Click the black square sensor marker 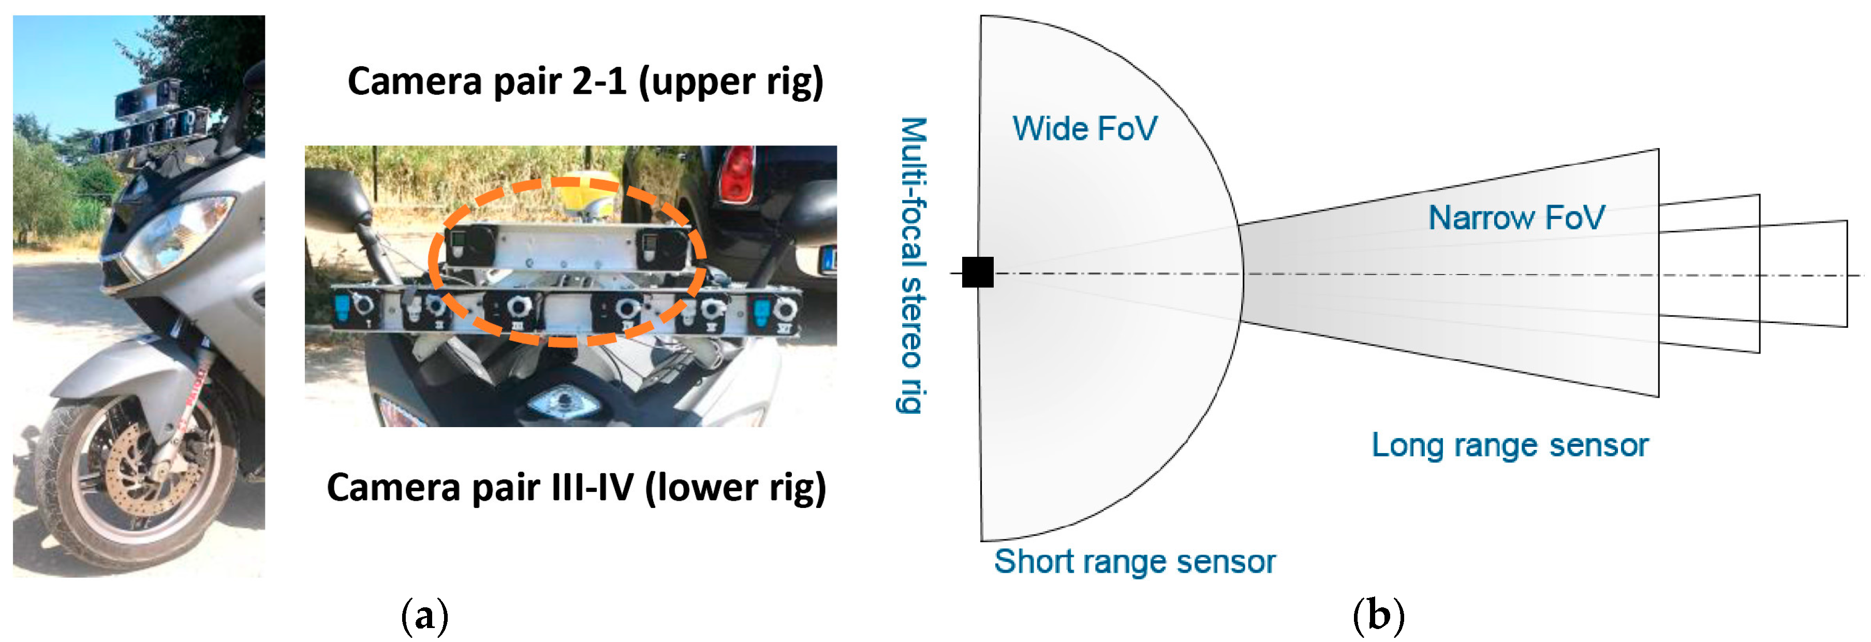point(978,272)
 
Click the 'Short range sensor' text point(1134,561)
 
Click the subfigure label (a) point(424,616)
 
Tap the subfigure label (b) point(1378,616)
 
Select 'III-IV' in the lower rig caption point(593,487)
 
